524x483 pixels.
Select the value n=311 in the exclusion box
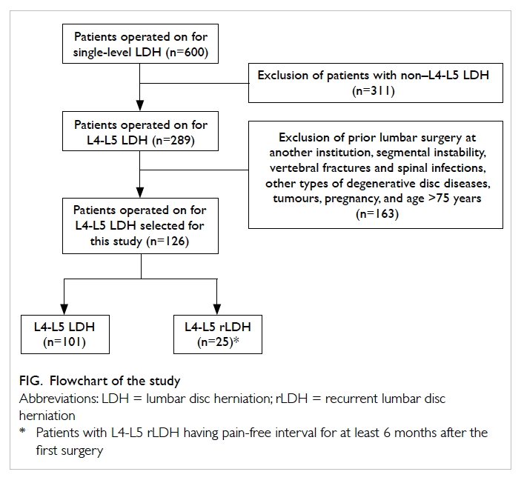(374, 91)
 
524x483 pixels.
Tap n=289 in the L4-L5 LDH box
(173, 140)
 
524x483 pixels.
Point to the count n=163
(377, 214)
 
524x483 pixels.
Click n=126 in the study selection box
(168, 242)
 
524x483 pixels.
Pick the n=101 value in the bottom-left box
(64, 342)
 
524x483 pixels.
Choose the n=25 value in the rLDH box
(214, 342)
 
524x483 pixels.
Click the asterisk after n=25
(236, 340)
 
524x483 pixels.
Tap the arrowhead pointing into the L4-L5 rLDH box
(217, 310)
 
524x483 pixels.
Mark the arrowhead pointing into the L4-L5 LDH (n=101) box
(64, 310)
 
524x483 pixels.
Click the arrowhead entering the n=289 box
(140, 105)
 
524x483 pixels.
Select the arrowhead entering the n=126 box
(140, 193)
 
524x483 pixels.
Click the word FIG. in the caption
(31, 381)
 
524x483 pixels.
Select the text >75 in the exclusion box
(438, 199)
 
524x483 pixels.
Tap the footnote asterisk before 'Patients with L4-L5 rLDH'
(23, 430)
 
